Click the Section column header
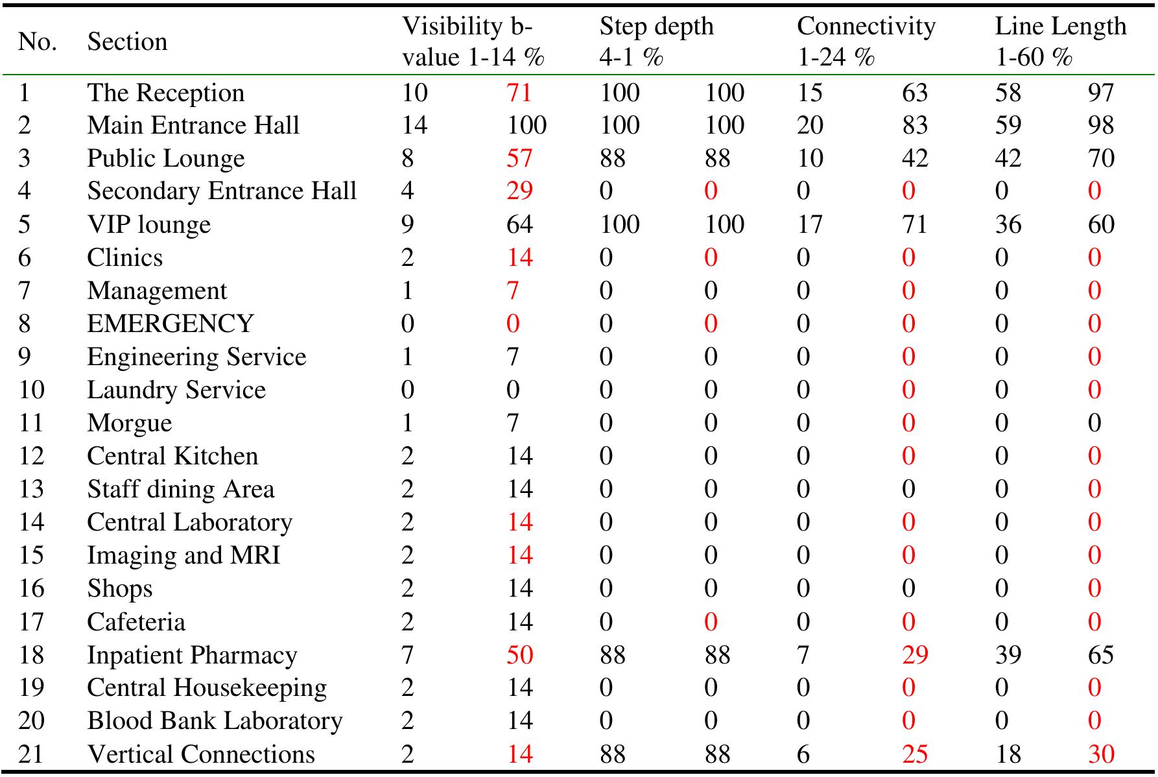[x=127, y=42]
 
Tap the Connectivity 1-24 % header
[x=866, y=42]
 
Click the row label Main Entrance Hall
[x=193, y=125]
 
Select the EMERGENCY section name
[x=171, y=324]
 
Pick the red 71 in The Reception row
[x=519, y=92]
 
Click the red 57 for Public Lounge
[x=519, y=158]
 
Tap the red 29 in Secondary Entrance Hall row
[x=519, y=191]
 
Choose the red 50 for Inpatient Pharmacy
[x=519, y=655]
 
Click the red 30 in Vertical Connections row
[x=1101, y=754]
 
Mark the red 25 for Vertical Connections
[x=914, y=754]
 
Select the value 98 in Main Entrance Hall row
[x=1101, y=125]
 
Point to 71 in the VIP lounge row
[x=914, y=224]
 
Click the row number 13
[x=31, y=489]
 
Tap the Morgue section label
[x=130, y=423]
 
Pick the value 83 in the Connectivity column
[x=914, y=125]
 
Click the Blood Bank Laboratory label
[x=215, y=721]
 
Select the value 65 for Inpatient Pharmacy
[x=1101, y=655]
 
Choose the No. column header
[x=38, y=42]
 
